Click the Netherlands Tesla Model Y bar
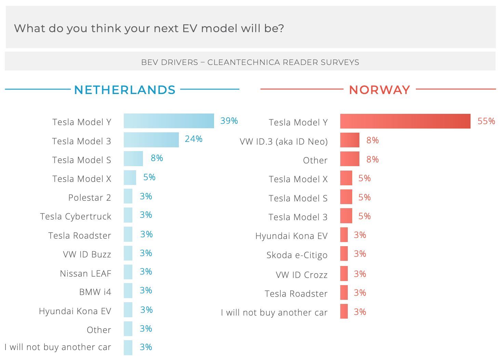click(x=169, y=121)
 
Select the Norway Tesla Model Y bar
click(x=405, y=121)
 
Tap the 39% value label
click(x=229, y=121)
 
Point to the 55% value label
click(x=486, y=121)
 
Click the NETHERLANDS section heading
click(x=124, y=90)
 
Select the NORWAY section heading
click(x=379, y=90)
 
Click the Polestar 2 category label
click(x=90, y=198)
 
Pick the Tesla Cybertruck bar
click(x=128, y=215)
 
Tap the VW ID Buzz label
click(x=87, y=254)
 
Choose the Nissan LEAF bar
click(x=128, y=272)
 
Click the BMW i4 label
click(x=95, y=292)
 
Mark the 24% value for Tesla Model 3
click(x=194, y=139)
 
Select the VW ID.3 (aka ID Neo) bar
click(x=349, y=140)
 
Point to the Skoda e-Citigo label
click(x=297, y=255)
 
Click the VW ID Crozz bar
click(x=344, y=274)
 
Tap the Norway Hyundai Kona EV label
click(x=291, y=236)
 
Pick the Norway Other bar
click(x=349, y=159)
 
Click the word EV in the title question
click(x=190, y=28)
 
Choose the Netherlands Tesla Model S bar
click(x=133, y=159)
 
